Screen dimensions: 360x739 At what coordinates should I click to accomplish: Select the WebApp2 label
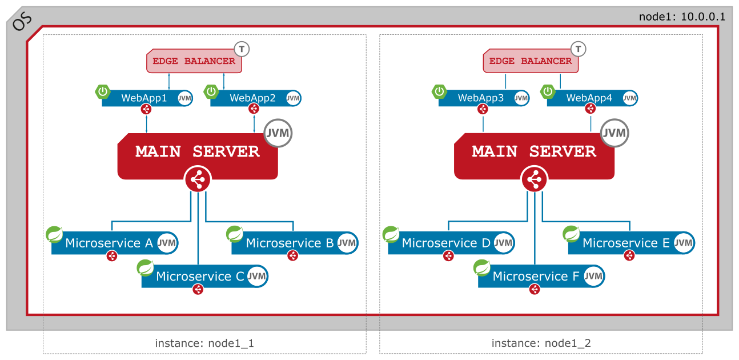[x=252, y=98]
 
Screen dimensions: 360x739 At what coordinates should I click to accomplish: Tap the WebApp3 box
[x=481, y=98]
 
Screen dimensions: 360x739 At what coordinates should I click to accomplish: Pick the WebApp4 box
[x=589, y=98]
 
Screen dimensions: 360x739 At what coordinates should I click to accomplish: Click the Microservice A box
[x=109, y=243]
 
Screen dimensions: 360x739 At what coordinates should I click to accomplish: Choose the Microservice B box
[x=290, y=243]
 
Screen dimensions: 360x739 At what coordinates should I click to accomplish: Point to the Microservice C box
[x=199, y=277]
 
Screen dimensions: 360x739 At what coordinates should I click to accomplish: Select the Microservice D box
[x=445, y=243]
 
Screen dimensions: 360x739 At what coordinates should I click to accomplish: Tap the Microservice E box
[x=626, y=243]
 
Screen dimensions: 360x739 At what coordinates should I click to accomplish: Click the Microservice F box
[x=536, y=277]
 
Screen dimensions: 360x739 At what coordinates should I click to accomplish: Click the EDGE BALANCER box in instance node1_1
[x=194, y=61]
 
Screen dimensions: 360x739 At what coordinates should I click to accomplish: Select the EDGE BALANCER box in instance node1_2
[x=531, y=61]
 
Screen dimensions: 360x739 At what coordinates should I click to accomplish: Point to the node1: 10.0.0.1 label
[x=682, y=17]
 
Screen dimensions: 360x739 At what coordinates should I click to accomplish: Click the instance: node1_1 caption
[x=204, y=343]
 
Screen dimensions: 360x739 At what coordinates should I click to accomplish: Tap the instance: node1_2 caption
[x=541, y=343]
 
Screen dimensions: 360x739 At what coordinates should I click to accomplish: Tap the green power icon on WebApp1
[x=103, y=91]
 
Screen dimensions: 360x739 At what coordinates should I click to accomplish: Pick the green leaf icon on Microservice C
[x=145, y=267]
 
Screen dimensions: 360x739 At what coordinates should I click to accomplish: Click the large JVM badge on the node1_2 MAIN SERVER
[x=615, y=134]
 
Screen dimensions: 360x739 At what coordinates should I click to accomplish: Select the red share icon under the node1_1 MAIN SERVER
[x=198, y=180]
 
